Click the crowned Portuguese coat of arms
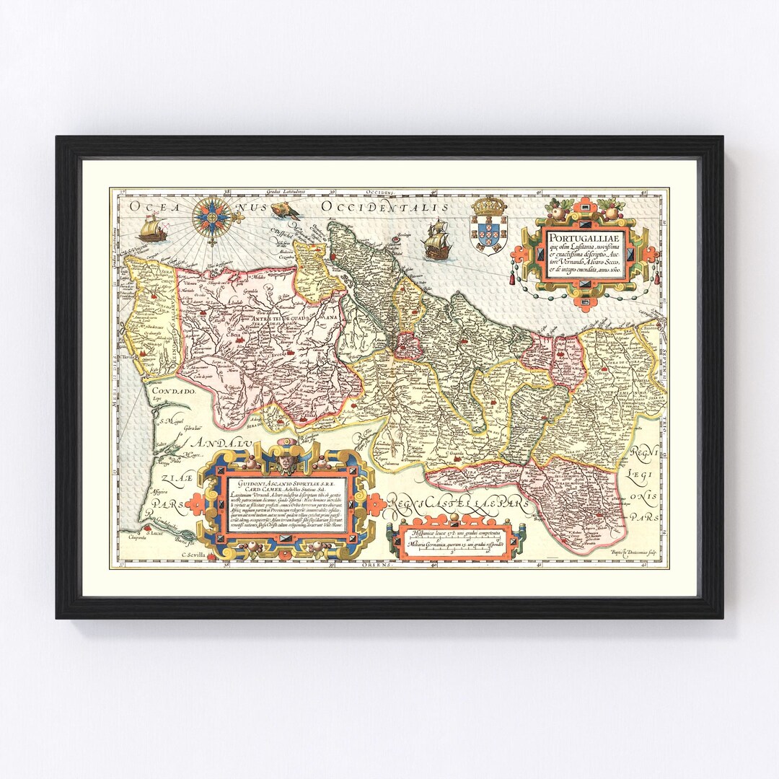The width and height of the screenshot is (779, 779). [488, 224]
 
